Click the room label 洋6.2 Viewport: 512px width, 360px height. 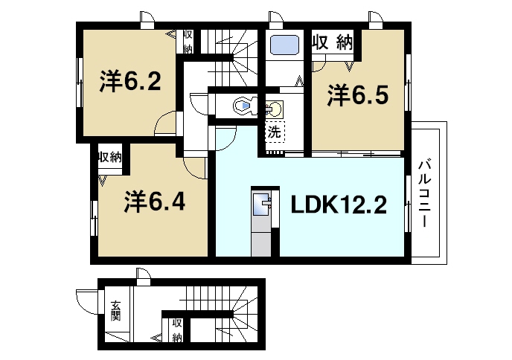(129, 81)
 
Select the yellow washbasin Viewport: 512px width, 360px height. (274, 109)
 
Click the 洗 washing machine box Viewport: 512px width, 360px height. (274, 134)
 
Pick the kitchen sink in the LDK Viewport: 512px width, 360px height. (263, 203)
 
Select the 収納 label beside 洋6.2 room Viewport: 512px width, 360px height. (188, 41)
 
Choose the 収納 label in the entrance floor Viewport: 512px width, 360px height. (177, 330)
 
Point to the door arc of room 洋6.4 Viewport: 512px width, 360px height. (195, 168)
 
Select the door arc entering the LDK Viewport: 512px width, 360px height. (225, 138)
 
